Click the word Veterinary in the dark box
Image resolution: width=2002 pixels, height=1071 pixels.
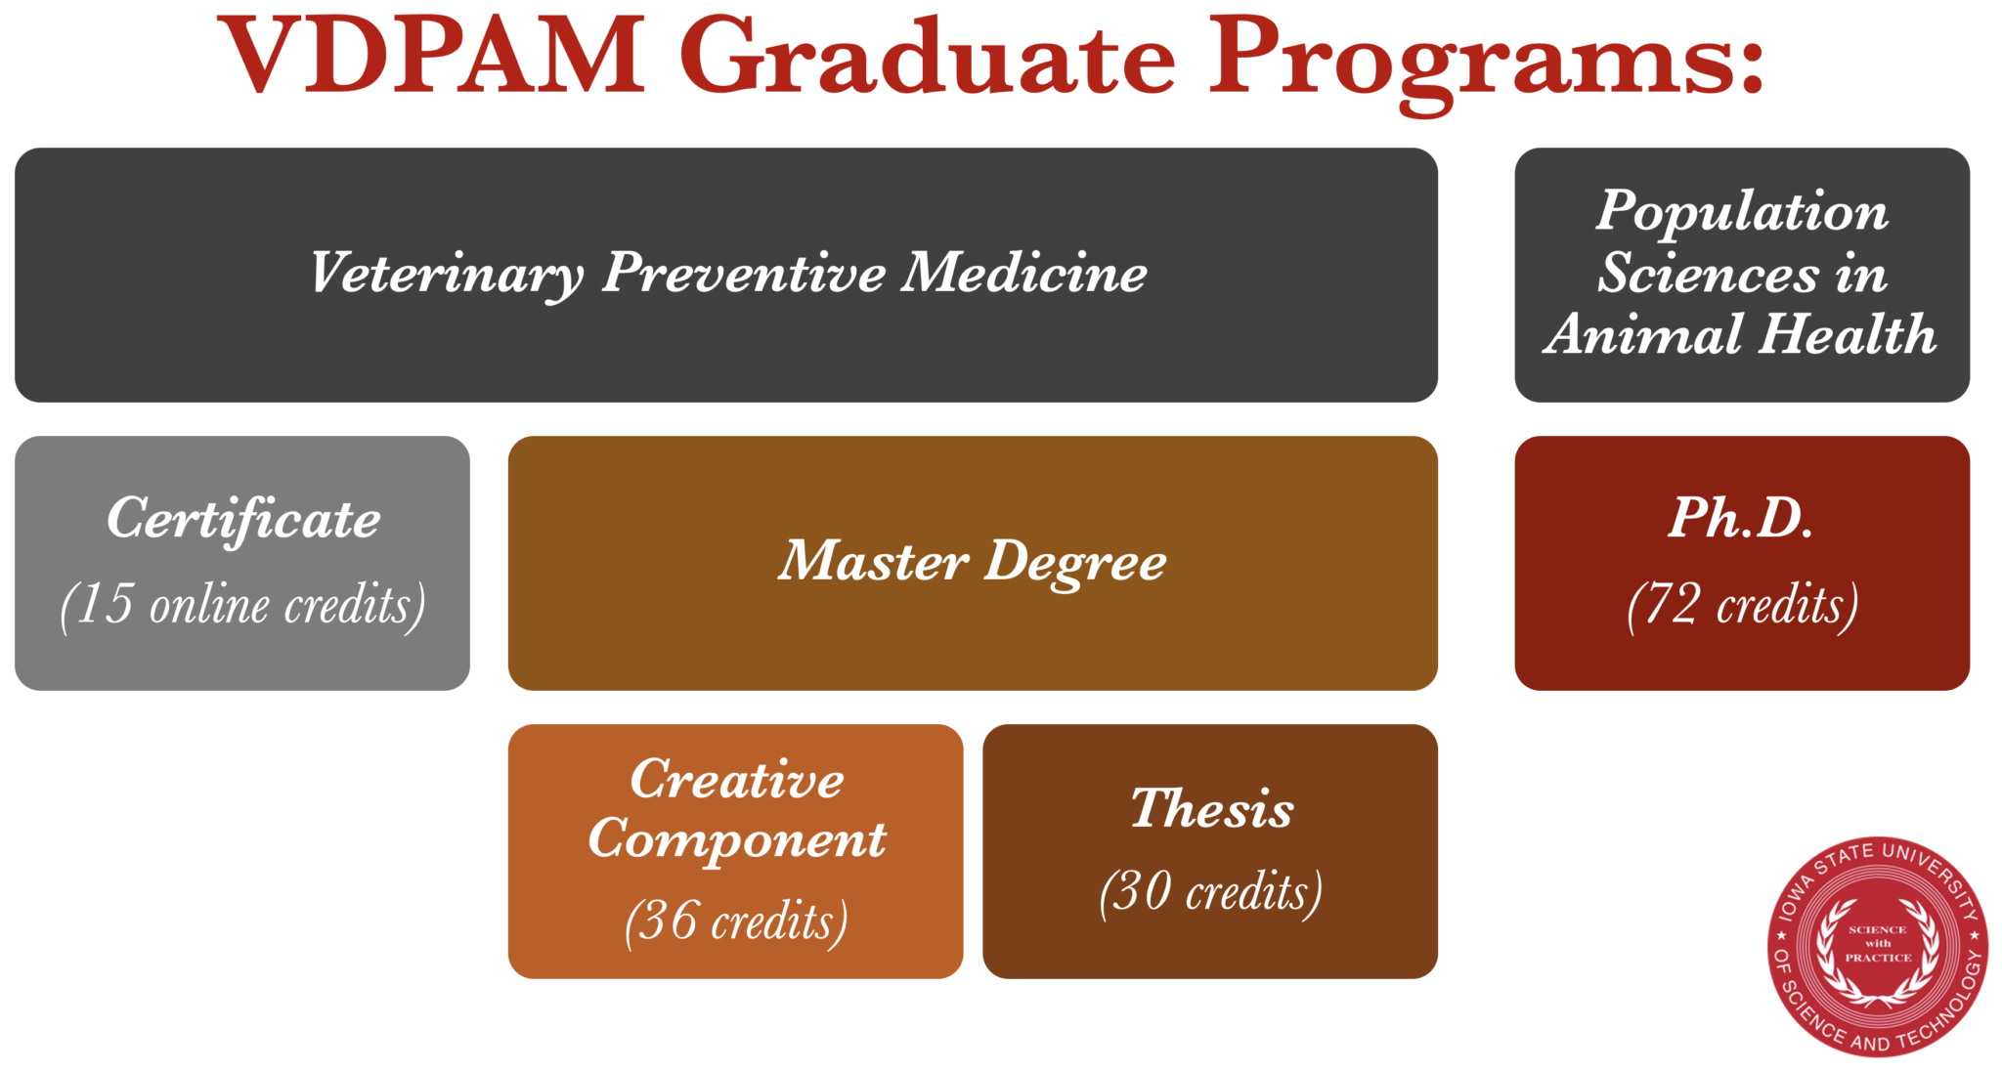click(447, 273)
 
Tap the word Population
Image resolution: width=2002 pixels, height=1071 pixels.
click(1742, 211)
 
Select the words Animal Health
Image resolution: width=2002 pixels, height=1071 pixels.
click(1742, 334)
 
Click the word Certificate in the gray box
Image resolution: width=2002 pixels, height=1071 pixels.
click(243, 518)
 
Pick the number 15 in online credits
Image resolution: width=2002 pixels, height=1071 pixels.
click(104, 604)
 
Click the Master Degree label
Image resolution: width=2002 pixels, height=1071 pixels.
click(972, 562)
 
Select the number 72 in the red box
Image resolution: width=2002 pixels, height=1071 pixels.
click(1673, 604)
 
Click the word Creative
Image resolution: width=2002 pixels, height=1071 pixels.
click(736, 780)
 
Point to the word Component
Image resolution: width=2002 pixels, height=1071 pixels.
click(736, 839)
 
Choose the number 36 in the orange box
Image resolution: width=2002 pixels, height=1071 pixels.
click(668, 921)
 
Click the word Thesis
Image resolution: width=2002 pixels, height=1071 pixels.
click(1211, 809)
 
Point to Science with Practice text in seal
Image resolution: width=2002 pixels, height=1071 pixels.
click(1878, 944)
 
